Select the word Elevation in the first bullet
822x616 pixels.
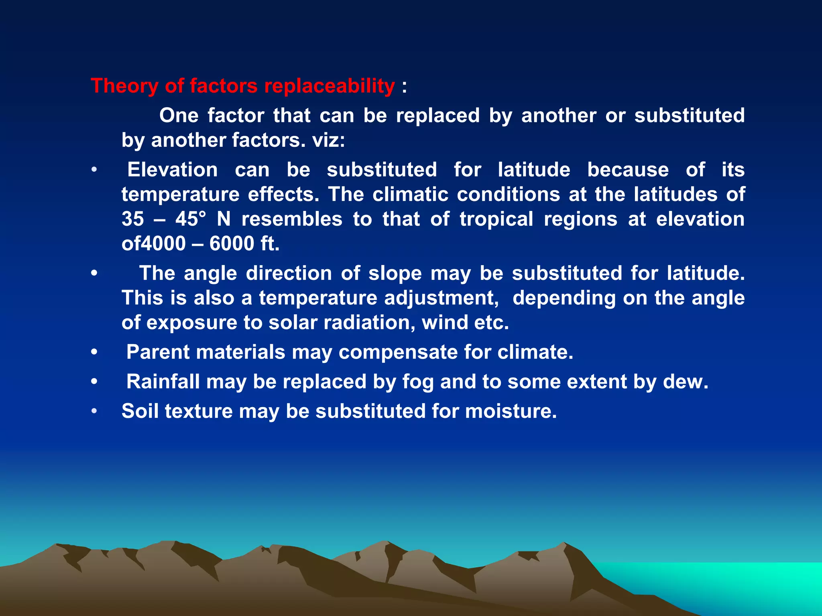pos(173,170)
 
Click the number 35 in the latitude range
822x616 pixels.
pos(133,219)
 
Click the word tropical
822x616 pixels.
pos(496,219)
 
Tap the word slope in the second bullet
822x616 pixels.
pos(395,274)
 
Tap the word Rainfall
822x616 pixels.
pos(163,382)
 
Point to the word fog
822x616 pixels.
pos(418,382)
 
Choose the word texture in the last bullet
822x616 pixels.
pos(199,411)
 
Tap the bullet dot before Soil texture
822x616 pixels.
pos(94,411)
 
